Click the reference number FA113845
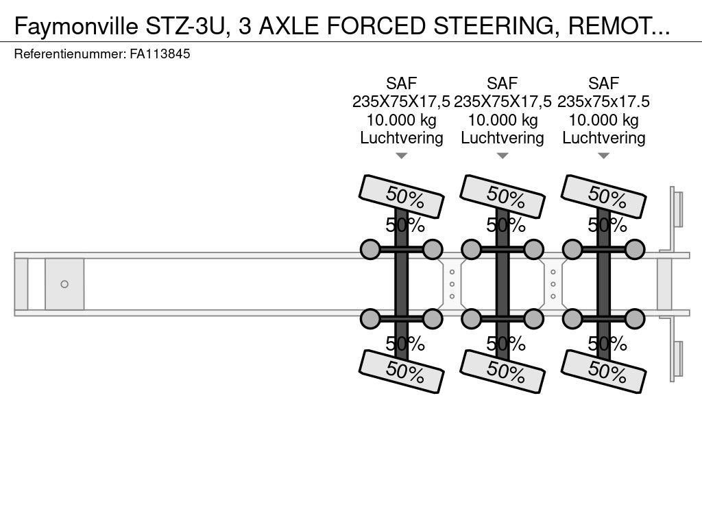(x=160, y=54)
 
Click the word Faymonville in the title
(x=76, y=27)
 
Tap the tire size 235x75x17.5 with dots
(x=603, y=102)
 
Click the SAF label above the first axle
(x=401, y=83)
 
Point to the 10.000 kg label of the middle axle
(x=503, y=120)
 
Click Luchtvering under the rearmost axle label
(x=603, y=138)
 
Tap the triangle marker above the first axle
(x=401, y=156)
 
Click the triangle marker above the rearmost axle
(x=603, y=156)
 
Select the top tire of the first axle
(x=401, y=196)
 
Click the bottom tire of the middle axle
(x=503, y=371)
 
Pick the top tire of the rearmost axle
(x=603, y=196)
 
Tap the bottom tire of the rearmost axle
(x=603, y=371)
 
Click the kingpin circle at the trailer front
(x=64, y=284)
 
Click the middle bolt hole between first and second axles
(x=452, y=284)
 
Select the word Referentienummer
(x=70, y=54)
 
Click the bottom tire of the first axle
(x=401, y=371)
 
